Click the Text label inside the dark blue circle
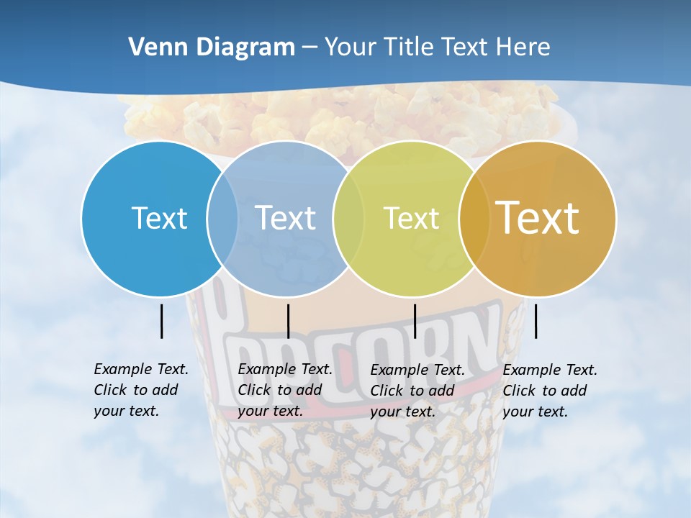pos(159,218)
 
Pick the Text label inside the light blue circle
pos(285,218)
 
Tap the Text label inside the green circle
pos(411,218)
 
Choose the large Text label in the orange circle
pos(538,218)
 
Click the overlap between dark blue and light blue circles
pos(222,218)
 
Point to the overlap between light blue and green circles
pos(348,218)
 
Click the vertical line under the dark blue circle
pos(162,321)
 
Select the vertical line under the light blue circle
pos(288,321)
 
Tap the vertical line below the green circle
pos(415,321)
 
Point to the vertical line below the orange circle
pos(536,321)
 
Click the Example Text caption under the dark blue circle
pos(140,390)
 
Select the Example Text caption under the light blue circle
pos(284,390)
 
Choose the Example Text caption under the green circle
pos(417,391)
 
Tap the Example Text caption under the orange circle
pos(549,391)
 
